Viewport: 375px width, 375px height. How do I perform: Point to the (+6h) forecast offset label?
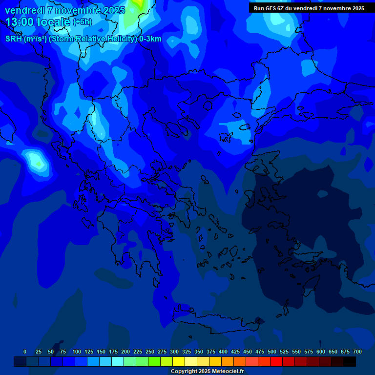82,22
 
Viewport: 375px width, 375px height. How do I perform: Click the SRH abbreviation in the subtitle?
14,39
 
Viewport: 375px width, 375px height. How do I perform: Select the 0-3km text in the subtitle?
150,39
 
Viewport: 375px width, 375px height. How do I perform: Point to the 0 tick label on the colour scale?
25,352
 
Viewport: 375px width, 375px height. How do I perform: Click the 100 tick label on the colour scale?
77,352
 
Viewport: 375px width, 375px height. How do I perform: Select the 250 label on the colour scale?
150,352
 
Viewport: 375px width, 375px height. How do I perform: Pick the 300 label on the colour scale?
174,352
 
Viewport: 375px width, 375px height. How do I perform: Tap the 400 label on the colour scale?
223,352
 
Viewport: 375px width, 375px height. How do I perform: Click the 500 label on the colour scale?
272,352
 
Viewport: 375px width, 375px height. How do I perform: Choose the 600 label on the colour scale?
321,352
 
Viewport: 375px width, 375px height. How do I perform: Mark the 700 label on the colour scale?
357,352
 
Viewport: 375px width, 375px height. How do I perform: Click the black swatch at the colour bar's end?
350,361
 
